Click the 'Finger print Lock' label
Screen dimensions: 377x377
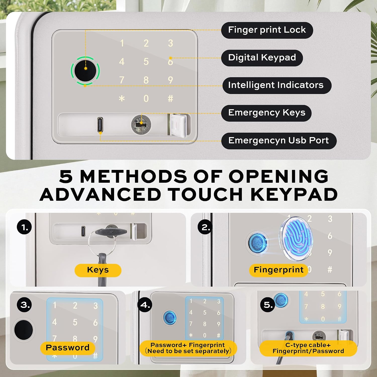pos(267,30)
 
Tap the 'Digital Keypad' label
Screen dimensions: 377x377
pos(262,58)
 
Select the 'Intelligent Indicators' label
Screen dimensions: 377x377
pos(276,85)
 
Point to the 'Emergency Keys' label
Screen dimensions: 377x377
pos(266,113)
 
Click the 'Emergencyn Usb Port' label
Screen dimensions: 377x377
pos(279,141)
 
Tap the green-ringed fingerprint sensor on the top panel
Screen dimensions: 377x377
pos(85,71)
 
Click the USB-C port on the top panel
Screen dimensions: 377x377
pos(100,124)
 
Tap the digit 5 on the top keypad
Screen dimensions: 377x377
pos(146,62)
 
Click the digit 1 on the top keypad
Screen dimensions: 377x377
pos(122,43)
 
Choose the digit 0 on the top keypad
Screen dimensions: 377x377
pos(146,99)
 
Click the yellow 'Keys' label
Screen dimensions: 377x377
pos(98,270)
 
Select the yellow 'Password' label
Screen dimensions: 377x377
pos(68,348)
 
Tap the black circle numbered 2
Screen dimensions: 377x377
pos(206,227)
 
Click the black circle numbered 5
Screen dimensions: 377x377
pos(268,305)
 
